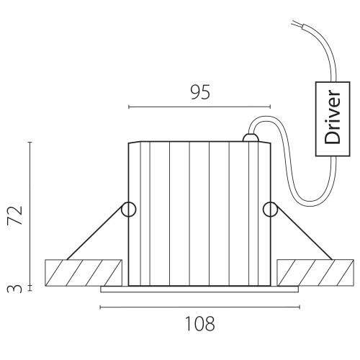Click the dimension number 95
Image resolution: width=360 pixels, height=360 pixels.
pos(200,92)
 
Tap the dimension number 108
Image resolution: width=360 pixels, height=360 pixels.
pos(200,324)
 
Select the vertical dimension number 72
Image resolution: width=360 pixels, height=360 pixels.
pos(15,215)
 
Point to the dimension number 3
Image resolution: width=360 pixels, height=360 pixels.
pos(14,289)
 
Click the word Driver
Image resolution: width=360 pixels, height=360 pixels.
pos(333,117)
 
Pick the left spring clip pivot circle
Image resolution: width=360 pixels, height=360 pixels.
pos(129,210)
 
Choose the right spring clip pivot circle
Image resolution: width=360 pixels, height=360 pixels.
pos(270,210)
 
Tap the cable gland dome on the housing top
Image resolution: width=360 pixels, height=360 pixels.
pos(251,138)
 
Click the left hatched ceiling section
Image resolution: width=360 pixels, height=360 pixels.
pos(84,273)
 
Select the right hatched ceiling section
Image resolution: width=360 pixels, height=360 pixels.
pos(315,273)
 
